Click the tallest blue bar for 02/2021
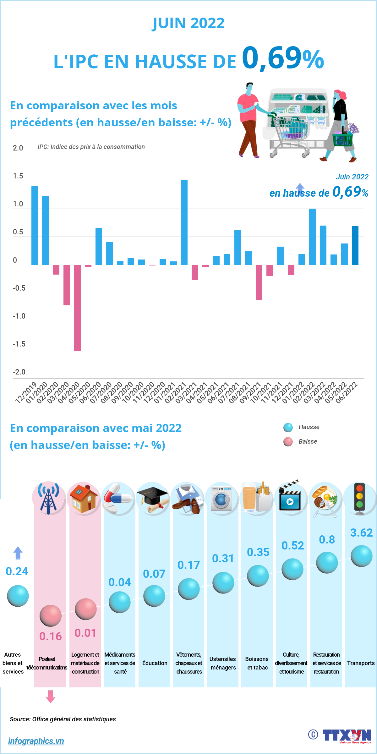(184, 222)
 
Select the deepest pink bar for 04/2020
(77, 308)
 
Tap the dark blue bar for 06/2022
(355, 245)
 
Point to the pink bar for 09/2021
(259, 282)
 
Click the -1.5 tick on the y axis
(19, 344)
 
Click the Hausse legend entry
(309, 427)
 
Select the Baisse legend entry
(307, 442)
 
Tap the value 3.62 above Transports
(361, 533)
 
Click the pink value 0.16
(50, 637)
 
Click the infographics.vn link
(36, 741)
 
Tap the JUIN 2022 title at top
(188, 23)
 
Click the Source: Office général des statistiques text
(63, 719)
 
